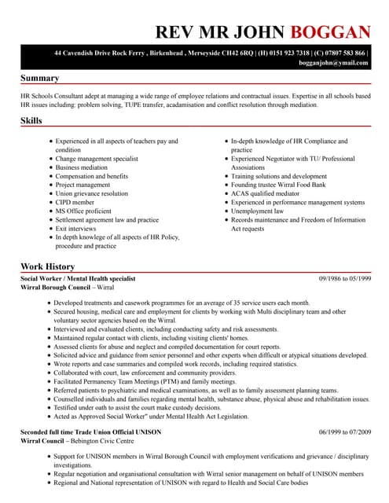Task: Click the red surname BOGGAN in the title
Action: pos(330,32)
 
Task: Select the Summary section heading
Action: pos(39,79)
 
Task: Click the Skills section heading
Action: pos(31,121)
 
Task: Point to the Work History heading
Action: pos(48,266)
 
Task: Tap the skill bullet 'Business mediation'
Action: pos(81,167)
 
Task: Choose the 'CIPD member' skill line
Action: pos(75,202)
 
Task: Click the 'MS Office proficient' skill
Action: pos(83,211)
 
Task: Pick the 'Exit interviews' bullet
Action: pos(77,229)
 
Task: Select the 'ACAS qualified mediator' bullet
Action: pos(265,193)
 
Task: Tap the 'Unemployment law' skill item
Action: pos(257,211)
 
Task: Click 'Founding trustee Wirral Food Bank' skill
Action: pos(278,185)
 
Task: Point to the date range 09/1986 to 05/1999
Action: pos(345,279)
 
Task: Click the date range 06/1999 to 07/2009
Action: pos(345,433)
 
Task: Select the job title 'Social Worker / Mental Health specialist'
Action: pos(78,279)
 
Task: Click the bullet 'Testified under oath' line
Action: pos(138,409)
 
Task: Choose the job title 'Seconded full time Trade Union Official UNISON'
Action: pos(91,433)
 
